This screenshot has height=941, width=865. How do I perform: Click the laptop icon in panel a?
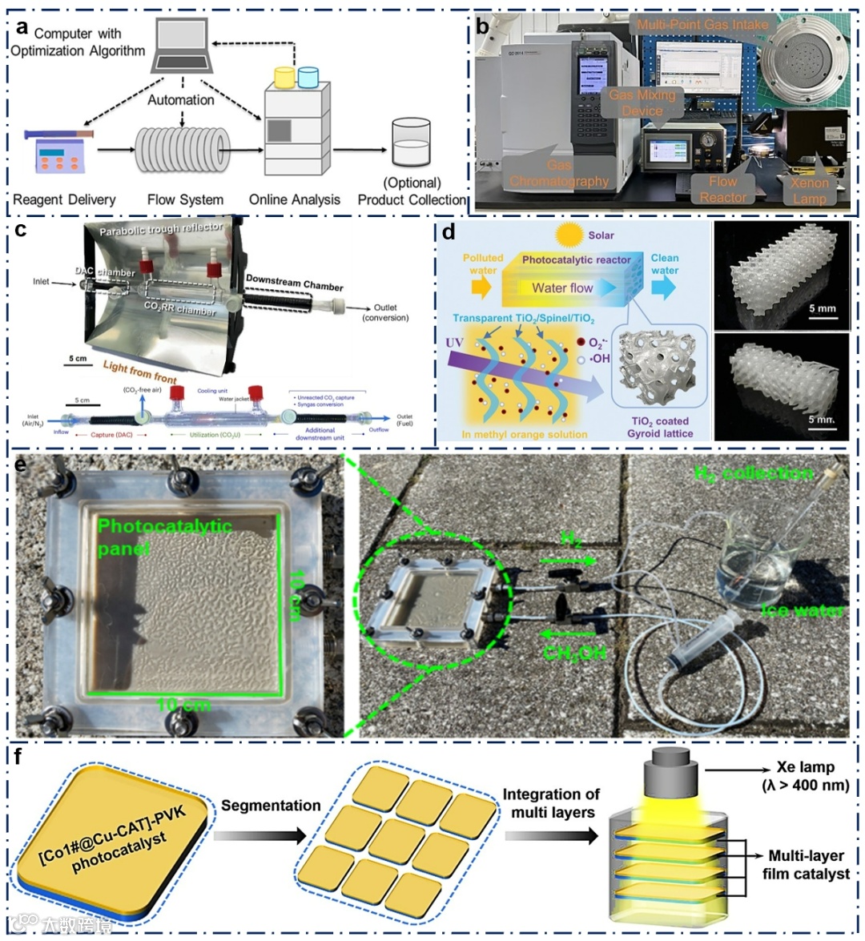click(182, 49)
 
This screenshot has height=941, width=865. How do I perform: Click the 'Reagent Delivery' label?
click(64, 199)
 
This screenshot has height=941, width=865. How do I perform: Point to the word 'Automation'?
click(181, 100)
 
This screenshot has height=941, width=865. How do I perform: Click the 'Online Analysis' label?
click(295, 199)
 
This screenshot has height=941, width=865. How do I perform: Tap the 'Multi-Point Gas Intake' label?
click(702, 25)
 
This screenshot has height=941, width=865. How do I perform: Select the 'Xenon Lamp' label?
click(809, 191)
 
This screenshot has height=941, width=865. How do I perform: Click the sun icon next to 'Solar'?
click(570, 235)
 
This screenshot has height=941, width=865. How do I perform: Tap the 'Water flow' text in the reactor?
click(562, 288)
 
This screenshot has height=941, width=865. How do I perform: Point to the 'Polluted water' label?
click(483, 264)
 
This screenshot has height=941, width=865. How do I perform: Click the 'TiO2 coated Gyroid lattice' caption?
click(661, 427)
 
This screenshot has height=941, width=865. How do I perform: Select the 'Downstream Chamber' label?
click(294, 283)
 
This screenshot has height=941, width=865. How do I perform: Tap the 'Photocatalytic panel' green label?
click(164, 537)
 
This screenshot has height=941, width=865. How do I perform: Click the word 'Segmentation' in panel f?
click(271, 806)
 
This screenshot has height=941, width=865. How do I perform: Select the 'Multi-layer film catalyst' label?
click(805, 865)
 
